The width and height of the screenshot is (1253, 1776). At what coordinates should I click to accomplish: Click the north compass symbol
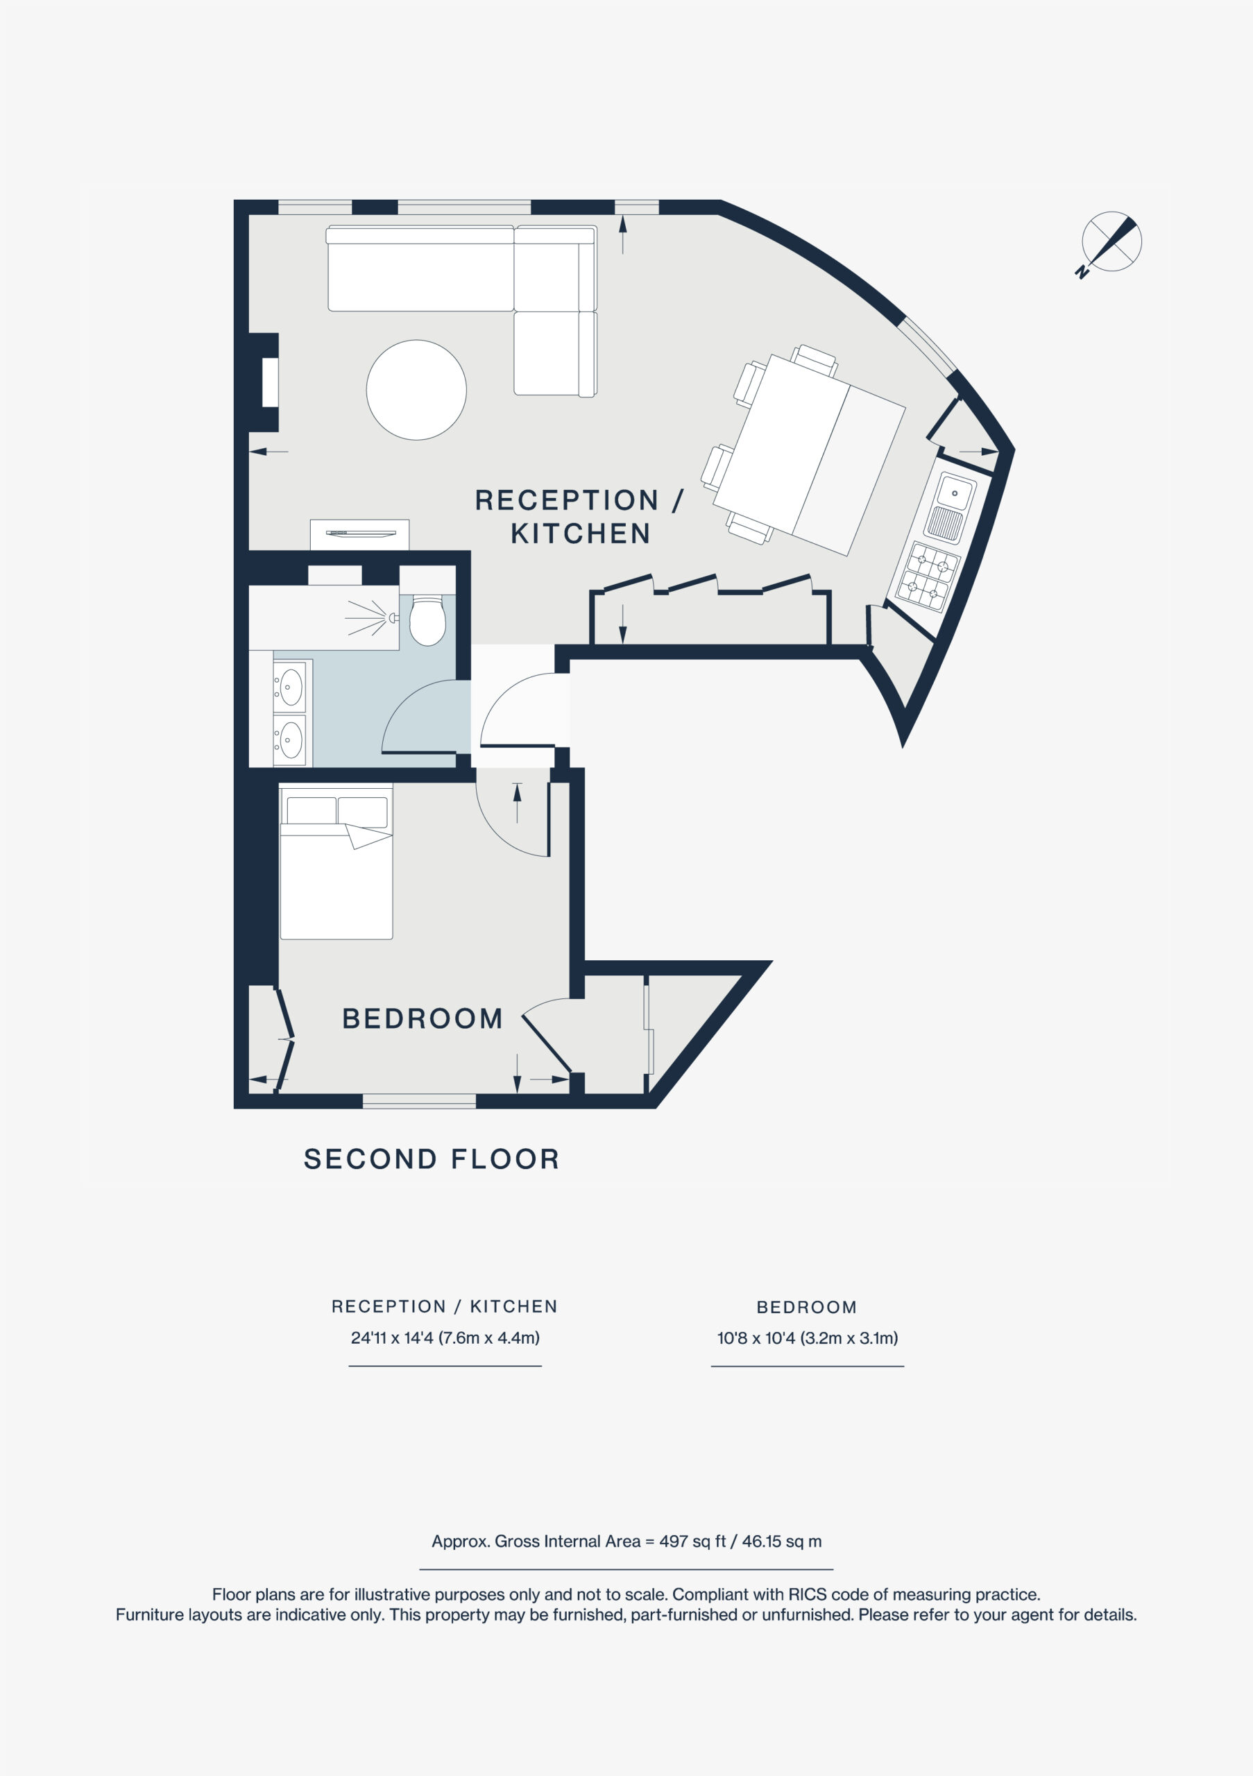1111,243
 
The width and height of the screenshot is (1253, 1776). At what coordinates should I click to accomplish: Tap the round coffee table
416,390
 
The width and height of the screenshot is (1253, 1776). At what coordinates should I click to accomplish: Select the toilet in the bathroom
427,619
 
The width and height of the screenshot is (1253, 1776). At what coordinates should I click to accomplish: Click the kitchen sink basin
955,493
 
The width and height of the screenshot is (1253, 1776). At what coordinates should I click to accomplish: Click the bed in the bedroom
336,862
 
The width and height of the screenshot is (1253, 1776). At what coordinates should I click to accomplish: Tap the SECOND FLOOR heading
432,1159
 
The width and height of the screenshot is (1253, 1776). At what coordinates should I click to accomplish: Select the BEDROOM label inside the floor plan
423,1018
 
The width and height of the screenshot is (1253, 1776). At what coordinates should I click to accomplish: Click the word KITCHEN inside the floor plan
581,533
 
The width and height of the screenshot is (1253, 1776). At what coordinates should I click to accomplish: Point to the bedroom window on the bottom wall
419,1101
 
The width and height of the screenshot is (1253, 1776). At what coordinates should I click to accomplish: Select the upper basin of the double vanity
291,687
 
